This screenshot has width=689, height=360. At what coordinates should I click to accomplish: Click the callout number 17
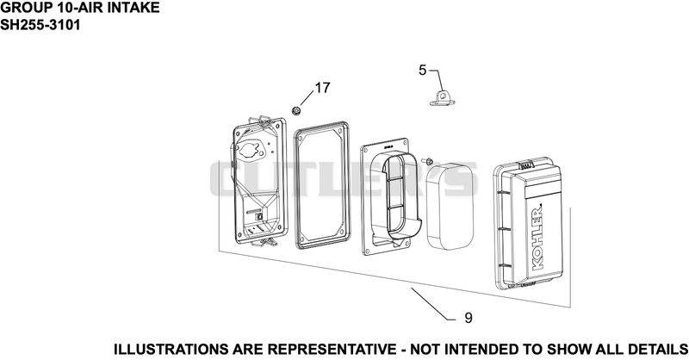pyautogui.click(x=322, y=88)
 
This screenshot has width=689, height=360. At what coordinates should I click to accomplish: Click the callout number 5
pyautogui.click(x=422, y=71)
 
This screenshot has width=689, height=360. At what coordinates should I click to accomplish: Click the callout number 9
pyautogui.click(x=469, y=318)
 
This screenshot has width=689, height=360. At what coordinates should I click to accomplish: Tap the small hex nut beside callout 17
pyautogui.click(x=296, y=111)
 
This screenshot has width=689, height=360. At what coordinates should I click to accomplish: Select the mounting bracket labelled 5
pyautogui.click(x=442, y=97)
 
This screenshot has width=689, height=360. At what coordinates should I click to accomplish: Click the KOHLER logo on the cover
pyautogui.click(x=537, y=237)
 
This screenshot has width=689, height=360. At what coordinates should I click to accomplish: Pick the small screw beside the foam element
pyautogui.click(x=426, y=161)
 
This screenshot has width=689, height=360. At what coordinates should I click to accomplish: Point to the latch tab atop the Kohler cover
pyautogui.click(x=526, y=165)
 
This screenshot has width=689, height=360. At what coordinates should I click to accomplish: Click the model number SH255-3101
pyautogui.click(x=40, y=25)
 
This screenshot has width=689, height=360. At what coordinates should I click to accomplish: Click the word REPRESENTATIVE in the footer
pyautogui.click(x=332, y=350)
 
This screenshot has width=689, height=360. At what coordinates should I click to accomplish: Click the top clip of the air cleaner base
pyautogui.click(x=264, y=120)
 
